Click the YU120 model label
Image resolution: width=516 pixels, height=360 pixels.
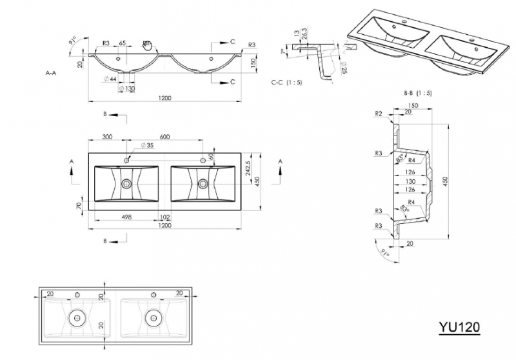pyautogui.click(x=460, y=326)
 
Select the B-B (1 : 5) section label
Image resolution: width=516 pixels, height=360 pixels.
pyautogui.click(x=417, y=93)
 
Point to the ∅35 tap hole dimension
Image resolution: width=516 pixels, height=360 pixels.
pyautogui.click(x=146, y=146)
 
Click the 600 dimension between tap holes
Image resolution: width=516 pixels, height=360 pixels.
pyautogui.click(x=164, y=137)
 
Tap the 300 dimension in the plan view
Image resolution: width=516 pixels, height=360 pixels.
pyautogui.click(x=107, y=137)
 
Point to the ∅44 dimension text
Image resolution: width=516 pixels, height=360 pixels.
pyautogui.click(x=109, y=79)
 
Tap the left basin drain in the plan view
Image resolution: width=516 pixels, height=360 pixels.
pyautogui.click(x=126, y=183)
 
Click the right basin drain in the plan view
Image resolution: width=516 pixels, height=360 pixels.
pyautogui.click(x=203, y=183)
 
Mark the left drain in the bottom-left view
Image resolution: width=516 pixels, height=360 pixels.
pyautogui.click(x=77, y=317)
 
